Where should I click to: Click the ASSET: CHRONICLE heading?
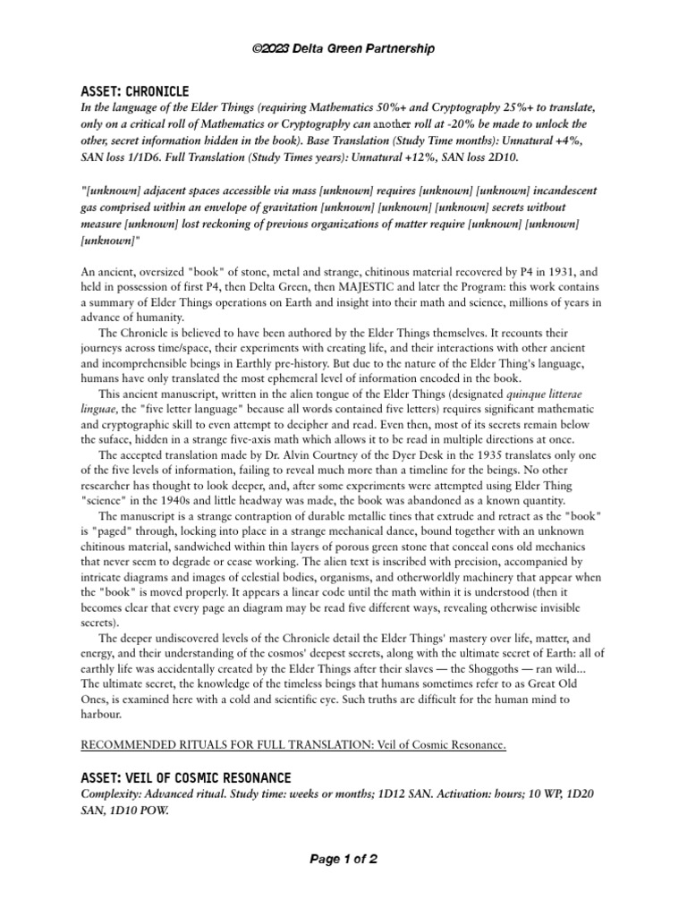[x=135, y=90]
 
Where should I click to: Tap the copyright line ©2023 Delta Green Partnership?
[x=343, y=48]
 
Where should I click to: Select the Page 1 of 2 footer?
[x=343, y=860]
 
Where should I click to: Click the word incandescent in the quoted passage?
[x=539, y=191]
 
